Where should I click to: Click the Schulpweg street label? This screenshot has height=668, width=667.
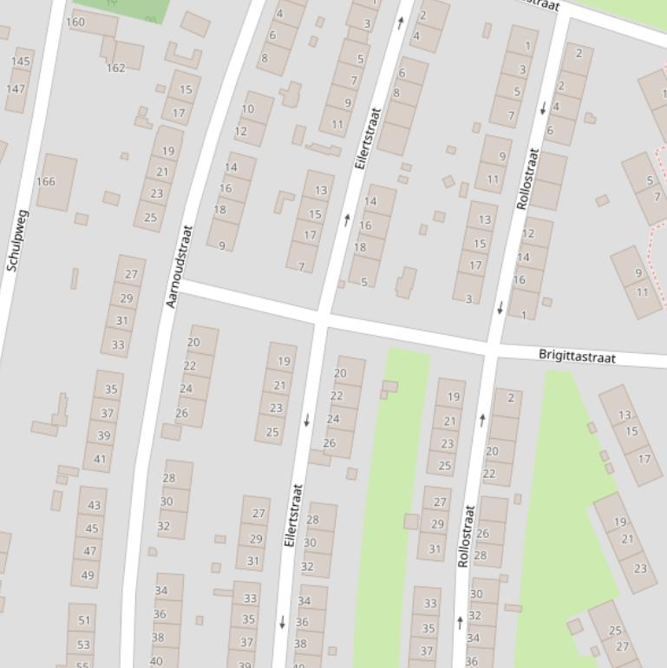[x=16, y=240]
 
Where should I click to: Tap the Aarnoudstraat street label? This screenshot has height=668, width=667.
[x=180, y=266]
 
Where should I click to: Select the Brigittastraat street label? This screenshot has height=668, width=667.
[x=577, y=357]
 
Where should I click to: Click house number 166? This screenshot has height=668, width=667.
[x=45, y=181]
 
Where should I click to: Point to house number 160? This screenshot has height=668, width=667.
[x=75, y=22]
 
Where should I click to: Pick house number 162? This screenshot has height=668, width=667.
[x=115, y=68]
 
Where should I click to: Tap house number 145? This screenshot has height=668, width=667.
[x=21, y=62]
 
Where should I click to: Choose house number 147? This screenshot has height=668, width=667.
[x=16, y=88]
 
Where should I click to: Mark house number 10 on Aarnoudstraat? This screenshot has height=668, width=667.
[x=248, y=109]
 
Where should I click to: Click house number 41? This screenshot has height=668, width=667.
[x=100, y=459]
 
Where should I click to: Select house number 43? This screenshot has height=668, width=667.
[x=94, y=505]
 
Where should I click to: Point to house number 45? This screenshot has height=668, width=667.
[x=91, y=528]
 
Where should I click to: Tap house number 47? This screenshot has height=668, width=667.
[x=89, y=551]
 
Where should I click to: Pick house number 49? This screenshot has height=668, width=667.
[x=87, y=574]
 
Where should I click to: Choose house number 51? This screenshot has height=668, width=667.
[x=84, y=620]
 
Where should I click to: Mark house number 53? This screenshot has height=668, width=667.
[x=83, y=645]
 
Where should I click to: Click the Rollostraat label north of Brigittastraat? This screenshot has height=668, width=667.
[x=527, y=179]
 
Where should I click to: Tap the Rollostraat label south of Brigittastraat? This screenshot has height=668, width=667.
[x=466, y=536]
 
